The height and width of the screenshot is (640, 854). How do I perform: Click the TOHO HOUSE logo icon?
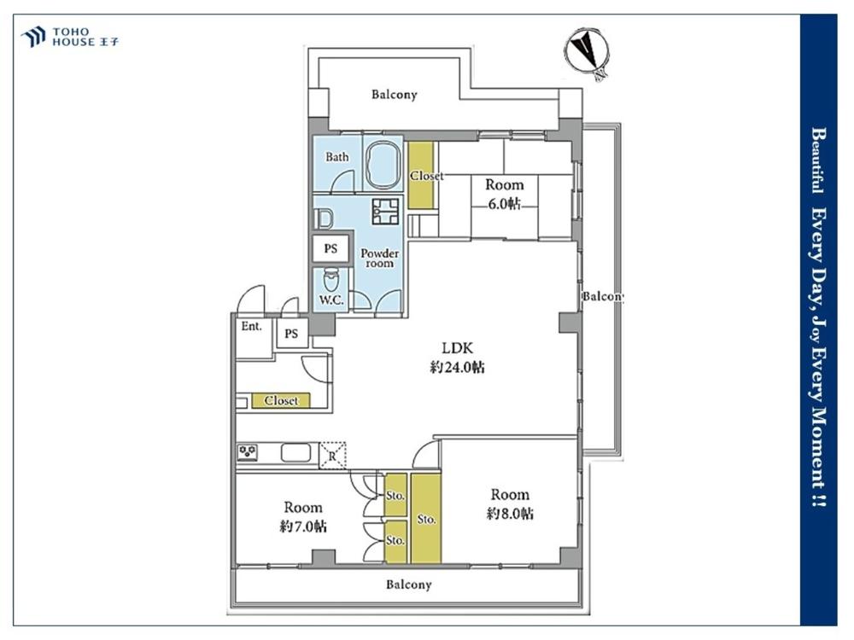[x=32, y=37]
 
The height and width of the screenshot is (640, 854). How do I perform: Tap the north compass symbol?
[x=587, y=53]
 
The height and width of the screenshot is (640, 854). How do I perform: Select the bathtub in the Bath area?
[x=383, y=164]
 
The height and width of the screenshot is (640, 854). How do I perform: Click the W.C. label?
[x=331, y=300]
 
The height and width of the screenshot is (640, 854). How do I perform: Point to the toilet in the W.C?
[x=330, y=280]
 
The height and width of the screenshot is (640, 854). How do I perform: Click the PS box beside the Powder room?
[x=330, y=248]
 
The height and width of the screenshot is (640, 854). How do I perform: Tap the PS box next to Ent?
[x=291, y=333]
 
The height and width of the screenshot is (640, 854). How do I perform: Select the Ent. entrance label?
[x=252, y=326]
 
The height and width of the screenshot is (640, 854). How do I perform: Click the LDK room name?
[x=457, y=347]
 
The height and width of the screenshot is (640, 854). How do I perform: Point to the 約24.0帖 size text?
[x=457, y=367]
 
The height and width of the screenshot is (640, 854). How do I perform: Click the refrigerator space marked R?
[x=332, y=455]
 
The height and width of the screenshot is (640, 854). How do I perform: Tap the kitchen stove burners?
[x=248, y=452]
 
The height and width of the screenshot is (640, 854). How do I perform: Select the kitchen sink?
[x=295, y=453]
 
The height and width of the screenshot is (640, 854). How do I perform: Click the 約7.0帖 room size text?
[x=303, y=527]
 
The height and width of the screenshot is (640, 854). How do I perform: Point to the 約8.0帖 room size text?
[x=510, y=513]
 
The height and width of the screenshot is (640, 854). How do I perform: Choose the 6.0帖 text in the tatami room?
[x=504, y=204]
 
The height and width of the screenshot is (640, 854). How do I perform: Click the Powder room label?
[x=380, y=258]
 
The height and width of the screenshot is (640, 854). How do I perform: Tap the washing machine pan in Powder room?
[x=386, y=211]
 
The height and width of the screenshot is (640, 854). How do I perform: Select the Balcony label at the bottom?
[x=409, y=585]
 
